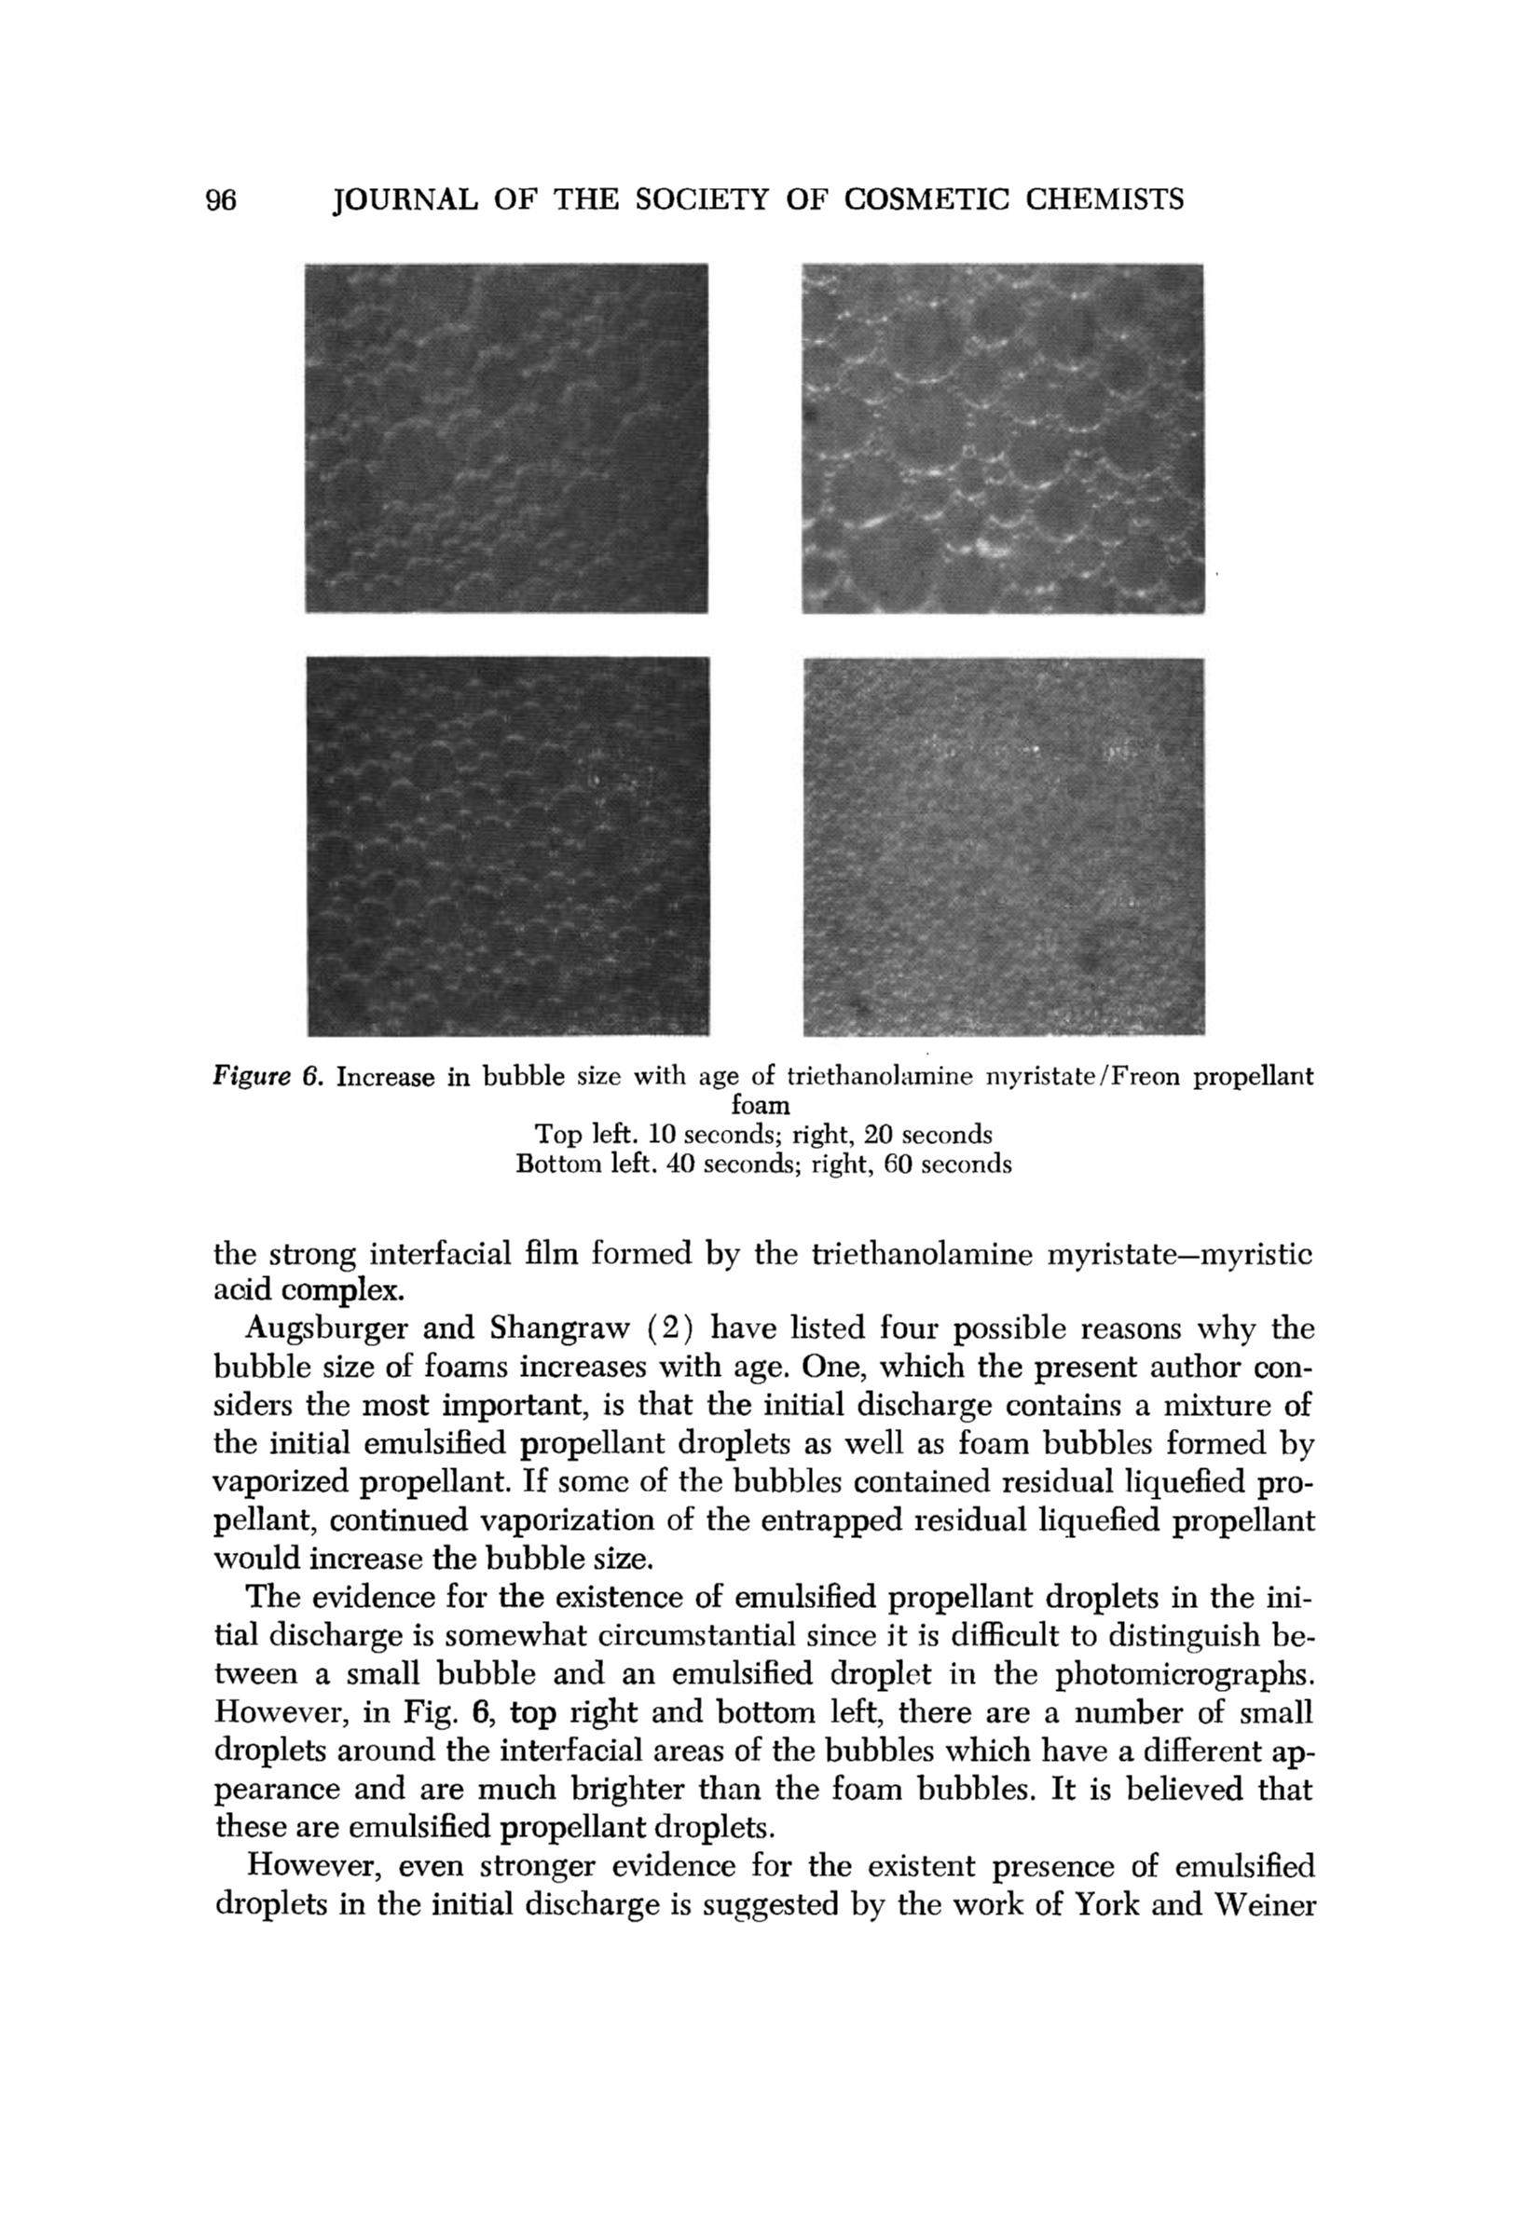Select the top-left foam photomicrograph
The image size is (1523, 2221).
pos(506,438)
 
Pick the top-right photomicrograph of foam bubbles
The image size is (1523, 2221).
pos(1002,438)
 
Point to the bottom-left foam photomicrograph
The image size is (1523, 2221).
pos(508,846)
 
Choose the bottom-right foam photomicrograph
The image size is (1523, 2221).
pos(1003,846)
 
